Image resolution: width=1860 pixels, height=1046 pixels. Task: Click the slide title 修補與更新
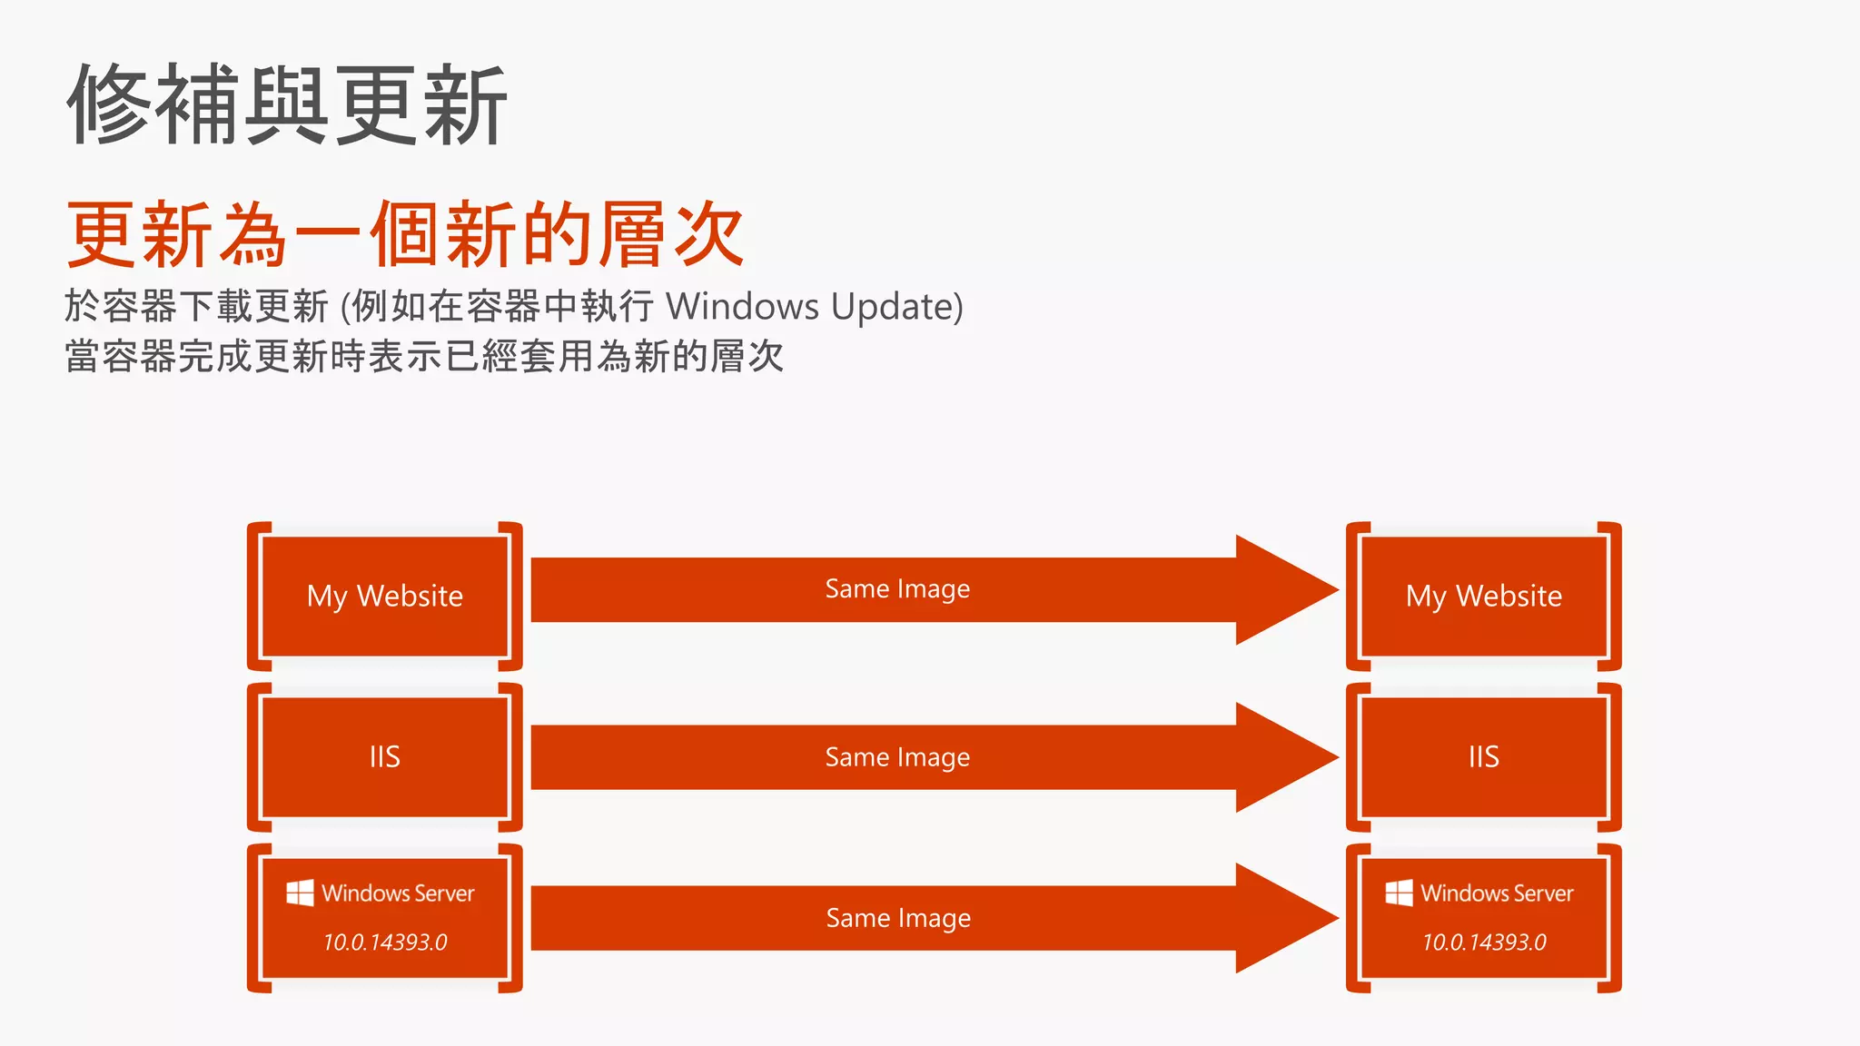287,104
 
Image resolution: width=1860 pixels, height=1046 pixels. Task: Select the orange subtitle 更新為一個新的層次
405,234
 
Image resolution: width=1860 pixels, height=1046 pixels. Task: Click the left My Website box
384,596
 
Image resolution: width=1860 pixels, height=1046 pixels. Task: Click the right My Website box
1483,596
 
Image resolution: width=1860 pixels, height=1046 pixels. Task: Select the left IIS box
384,756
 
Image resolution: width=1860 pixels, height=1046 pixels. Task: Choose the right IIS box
1483,756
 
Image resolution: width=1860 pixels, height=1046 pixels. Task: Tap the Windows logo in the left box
300,893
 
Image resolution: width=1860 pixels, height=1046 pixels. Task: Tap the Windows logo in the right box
1399,893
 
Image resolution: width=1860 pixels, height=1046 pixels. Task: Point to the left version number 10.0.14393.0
385,942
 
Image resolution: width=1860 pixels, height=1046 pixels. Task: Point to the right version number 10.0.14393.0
1484,942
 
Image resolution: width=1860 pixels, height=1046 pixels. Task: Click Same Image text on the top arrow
897,589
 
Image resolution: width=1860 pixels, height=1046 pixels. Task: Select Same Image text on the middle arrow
897,757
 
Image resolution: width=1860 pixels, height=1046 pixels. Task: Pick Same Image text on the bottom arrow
898,918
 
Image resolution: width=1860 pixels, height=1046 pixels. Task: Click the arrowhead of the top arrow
1281,590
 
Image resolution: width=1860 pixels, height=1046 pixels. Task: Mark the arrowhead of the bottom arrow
1281,918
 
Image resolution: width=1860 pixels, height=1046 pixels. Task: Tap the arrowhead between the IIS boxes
1281,757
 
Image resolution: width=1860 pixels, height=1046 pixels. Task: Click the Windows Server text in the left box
398,893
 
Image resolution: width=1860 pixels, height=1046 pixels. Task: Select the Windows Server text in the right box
1497,893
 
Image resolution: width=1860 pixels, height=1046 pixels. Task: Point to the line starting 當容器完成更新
423,356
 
